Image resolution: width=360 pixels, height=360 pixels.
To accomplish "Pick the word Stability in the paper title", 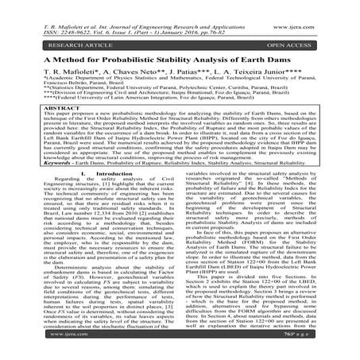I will coord(206,60).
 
